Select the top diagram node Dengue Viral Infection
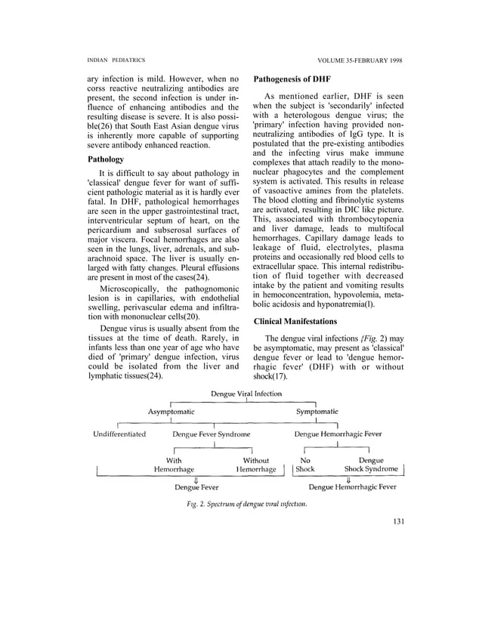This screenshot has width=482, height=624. [x=247, y=394]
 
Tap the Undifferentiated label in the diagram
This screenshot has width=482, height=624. [x=119, y=434]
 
